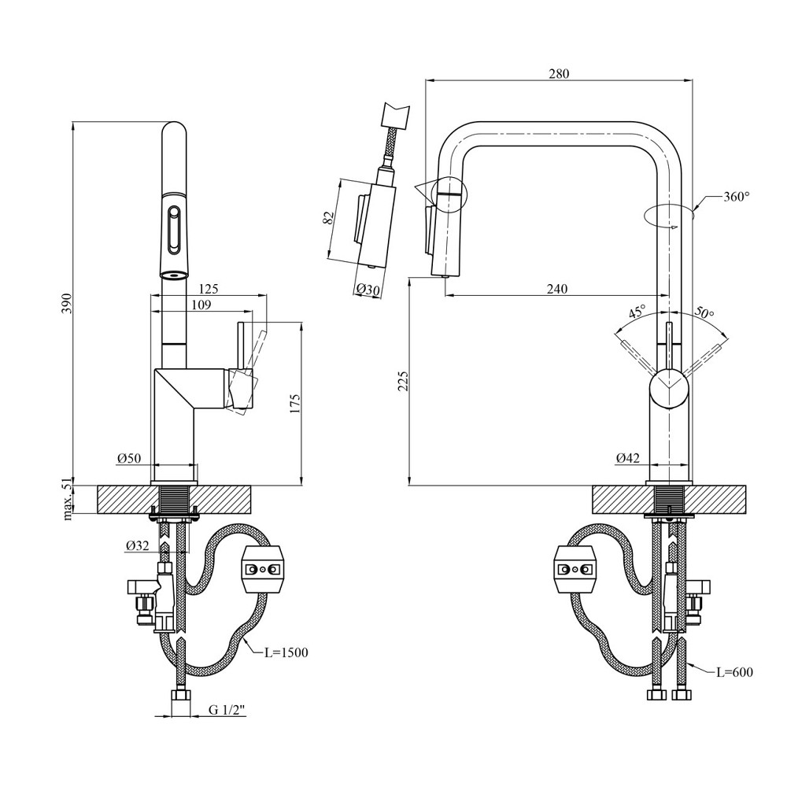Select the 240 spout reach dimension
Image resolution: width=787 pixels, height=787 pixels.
[x=556, y=289]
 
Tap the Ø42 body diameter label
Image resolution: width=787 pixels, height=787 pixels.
[x=627, y=457]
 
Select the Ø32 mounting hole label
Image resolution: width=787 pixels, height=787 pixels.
[x=137, y=544]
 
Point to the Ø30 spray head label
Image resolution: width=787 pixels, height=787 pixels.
[x=368, y=290]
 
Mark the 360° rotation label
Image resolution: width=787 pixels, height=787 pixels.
[x=736, y=198]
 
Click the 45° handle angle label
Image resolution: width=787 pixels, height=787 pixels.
[x=636, y=312]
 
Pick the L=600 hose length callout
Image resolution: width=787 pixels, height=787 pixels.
[x=734, y=672]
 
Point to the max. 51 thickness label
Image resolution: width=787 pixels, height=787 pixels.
[x=68, y=501]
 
